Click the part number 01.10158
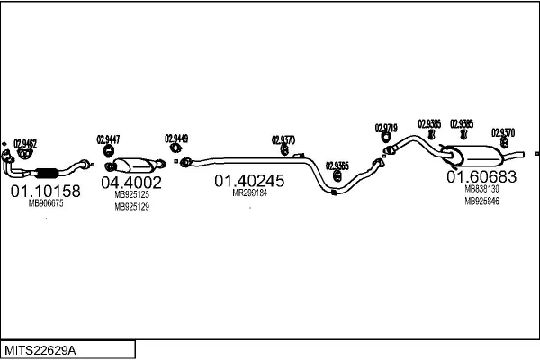click(44, 191)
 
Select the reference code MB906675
click(46, 204)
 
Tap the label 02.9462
click(25, 142)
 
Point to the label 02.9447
click(109, 139)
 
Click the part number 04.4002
click(131, 183)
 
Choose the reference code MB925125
click(131, 194)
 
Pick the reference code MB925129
click(131, 207)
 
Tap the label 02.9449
click(176, 139)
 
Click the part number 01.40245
click(248, 181)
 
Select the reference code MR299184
click(250, 193)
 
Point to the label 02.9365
click(337, 166)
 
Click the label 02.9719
click(386, 129)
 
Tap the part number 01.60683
click(481, 177)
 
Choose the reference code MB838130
click(481, 190)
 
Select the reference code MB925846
click(481, 202)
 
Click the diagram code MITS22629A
click(43, 348)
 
